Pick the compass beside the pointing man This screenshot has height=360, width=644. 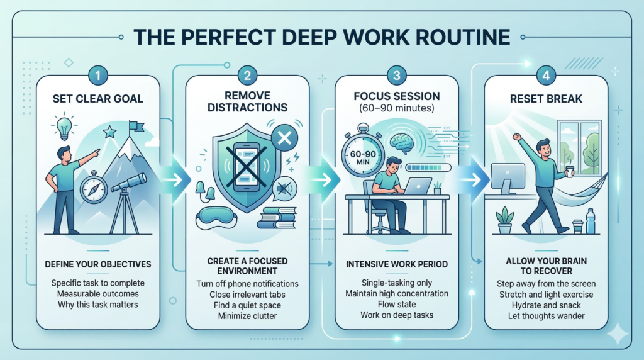92,188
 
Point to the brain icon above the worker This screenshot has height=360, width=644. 403,145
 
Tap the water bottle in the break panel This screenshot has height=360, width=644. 591,222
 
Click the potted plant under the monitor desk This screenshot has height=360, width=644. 504,220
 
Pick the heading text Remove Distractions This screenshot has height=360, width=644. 247,103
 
